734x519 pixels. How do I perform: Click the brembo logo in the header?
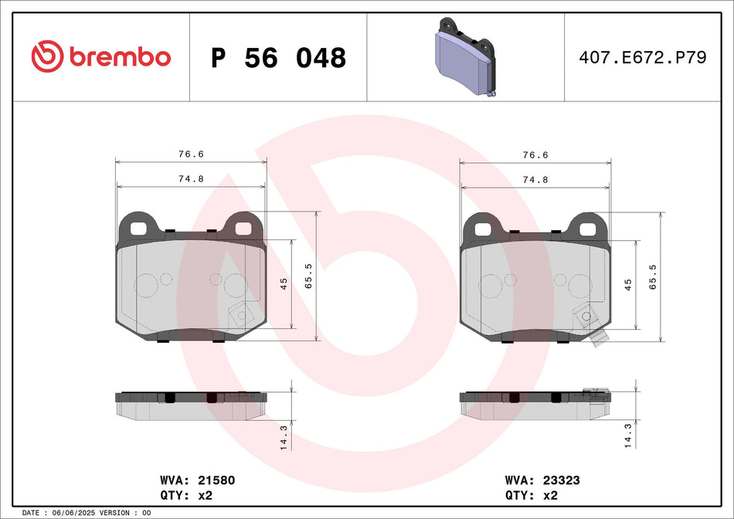(100, 57)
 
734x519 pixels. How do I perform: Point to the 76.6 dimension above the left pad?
(190, 154)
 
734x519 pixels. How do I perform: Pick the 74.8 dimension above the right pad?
(535, 178)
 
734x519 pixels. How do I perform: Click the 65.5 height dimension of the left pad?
(309, 276)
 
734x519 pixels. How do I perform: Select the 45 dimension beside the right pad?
(627, 284)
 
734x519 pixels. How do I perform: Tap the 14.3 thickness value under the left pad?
(284, 437)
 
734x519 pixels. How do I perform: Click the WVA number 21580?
(216, 480)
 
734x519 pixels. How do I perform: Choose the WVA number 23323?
(561, 480)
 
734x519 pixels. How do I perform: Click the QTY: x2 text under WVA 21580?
(185, 496)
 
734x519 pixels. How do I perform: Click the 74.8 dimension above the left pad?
(190, 178)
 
